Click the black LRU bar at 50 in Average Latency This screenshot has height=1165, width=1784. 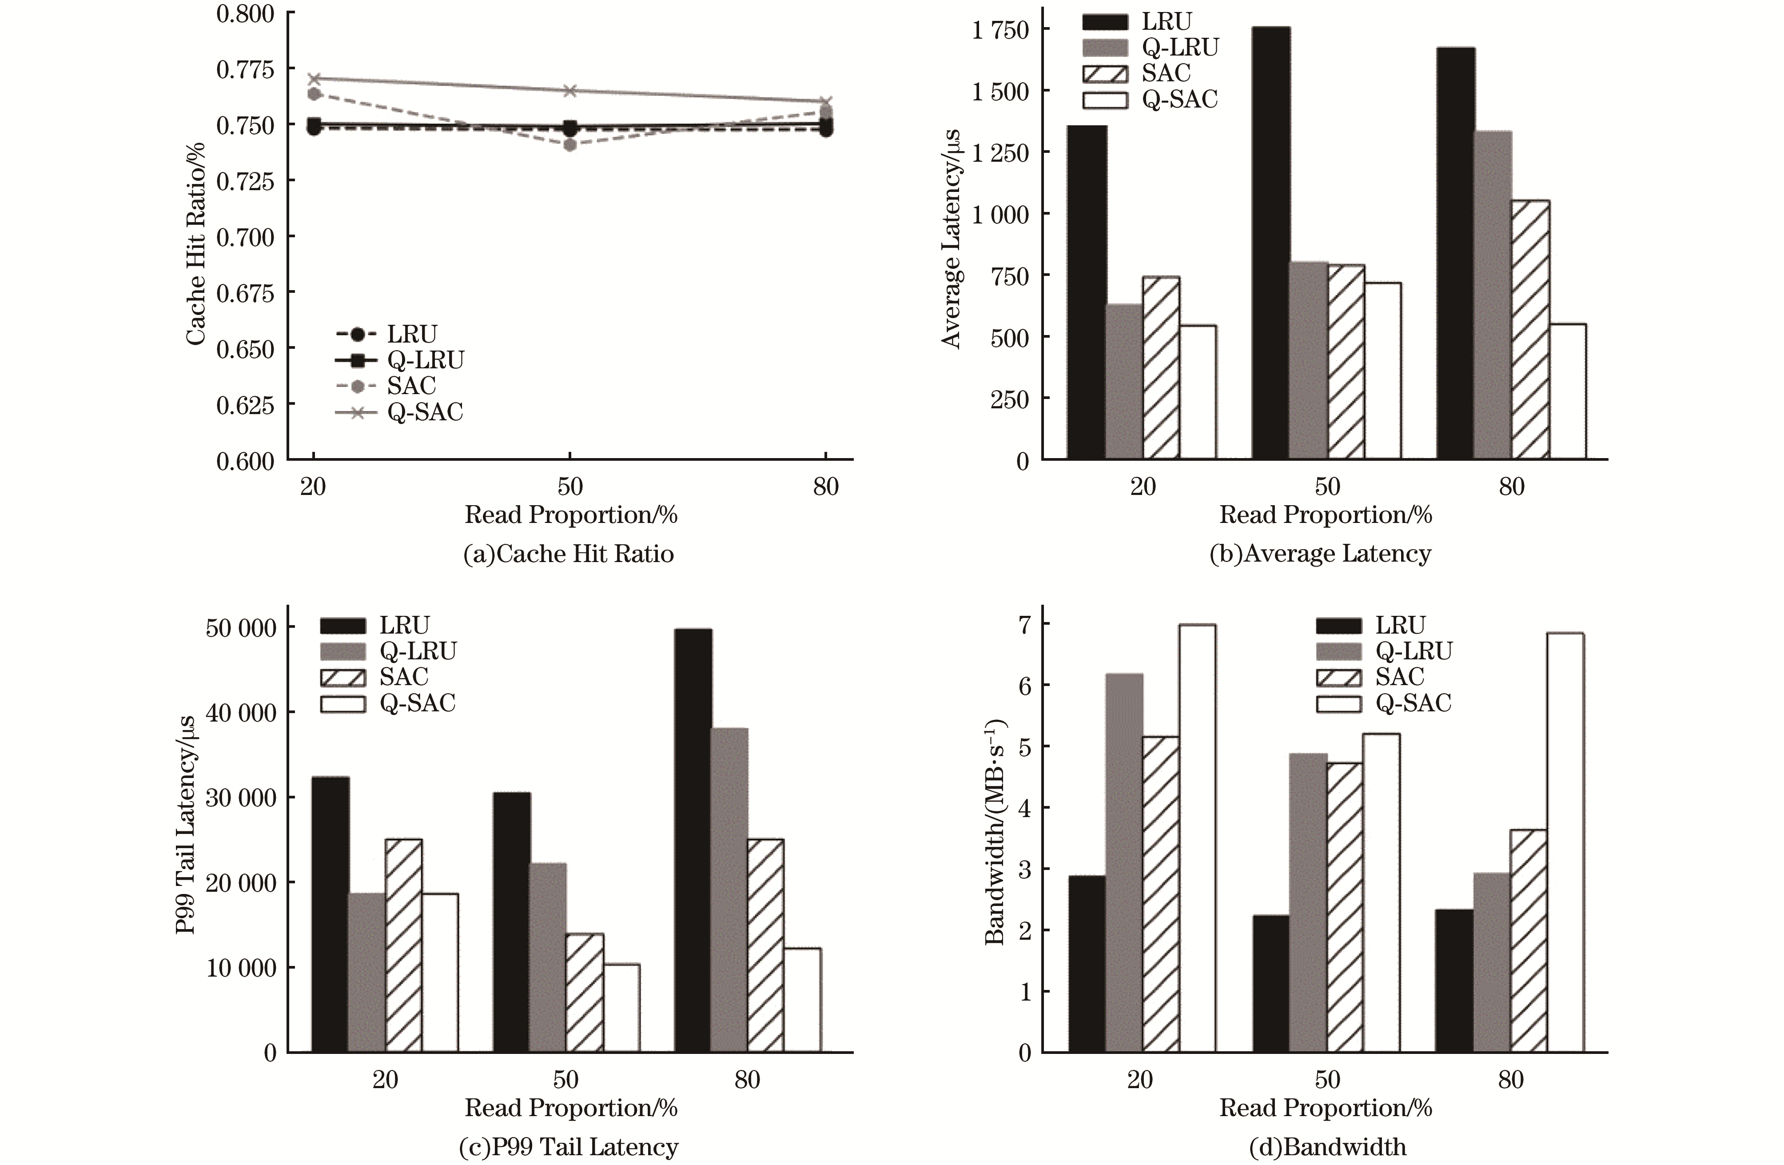point(1270,243)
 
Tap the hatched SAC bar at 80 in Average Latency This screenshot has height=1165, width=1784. point(1530,330)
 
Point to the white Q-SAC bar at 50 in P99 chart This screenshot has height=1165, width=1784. point(621,1008)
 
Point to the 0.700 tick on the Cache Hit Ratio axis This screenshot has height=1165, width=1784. point(245,237)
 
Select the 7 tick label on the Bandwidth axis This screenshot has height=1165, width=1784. point(1024,624)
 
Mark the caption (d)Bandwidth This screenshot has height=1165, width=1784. point(1327,1147)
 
